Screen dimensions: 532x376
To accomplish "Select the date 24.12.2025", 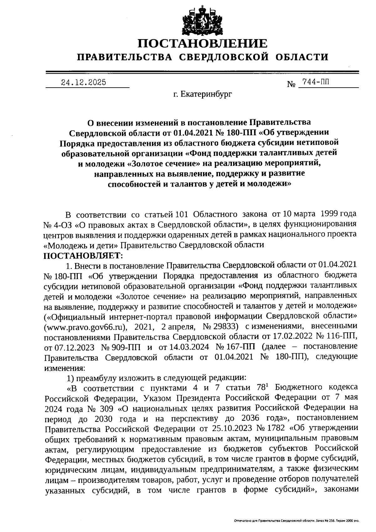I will coord(83,82).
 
